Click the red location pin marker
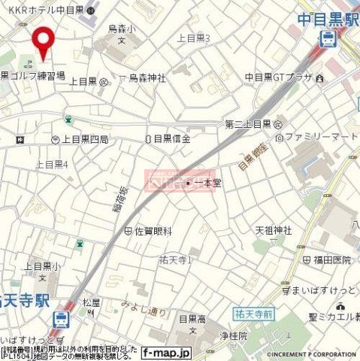pos(44,41)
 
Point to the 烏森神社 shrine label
pos(147,77)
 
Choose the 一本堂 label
pos(206,182)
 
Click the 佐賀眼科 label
pos(153,231)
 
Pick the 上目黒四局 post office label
pos(84,139)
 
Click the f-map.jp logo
pos(166,352)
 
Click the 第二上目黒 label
pos(247,123)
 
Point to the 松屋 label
pos(91,303)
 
